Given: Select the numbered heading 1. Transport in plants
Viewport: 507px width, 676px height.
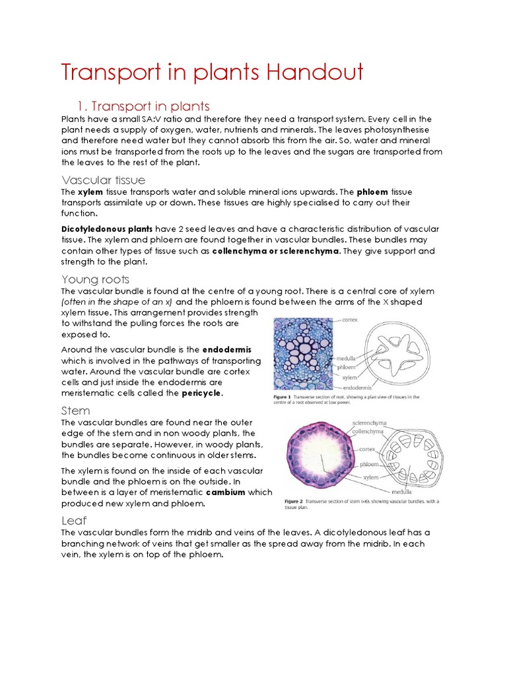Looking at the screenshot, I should (x=143, y=106).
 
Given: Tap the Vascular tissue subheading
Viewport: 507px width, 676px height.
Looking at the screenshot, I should (x=103, y=180).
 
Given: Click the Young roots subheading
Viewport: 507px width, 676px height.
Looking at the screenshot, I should (x=95, y=279).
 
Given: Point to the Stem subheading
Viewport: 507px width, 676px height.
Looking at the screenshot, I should (x=75, y=411).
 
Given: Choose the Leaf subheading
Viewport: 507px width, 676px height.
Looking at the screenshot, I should (x=74, y=521).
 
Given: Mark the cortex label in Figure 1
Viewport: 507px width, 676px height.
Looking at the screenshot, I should (x=351, y=319).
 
